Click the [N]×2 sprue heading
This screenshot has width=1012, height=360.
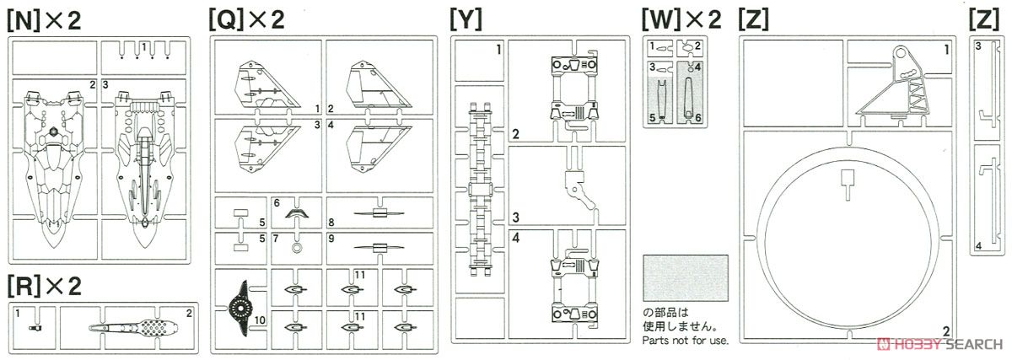click(44, 21)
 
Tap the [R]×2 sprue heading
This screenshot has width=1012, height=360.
click(44, 287)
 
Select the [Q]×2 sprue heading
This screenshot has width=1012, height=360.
click(246, 21)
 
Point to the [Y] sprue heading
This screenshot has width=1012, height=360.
click(466, 21)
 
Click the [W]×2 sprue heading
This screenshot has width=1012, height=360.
click(681, 21)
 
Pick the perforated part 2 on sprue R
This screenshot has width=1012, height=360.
click(134, 328)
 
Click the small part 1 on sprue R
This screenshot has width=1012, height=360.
click(35, 327)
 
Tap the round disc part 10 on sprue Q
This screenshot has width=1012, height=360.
click(239, 309)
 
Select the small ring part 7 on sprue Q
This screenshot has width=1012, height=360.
click(297, 248)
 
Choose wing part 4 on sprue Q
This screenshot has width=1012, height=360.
click(379, 149)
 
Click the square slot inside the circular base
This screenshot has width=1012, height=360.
click(848, 178)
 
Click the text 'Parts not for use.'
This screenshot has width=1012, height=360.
click(686, 340)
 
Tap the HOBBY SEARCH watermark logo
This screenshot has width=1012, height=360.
click(939, 344)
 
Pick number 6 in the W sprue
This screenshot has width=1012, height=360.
click(698, 118)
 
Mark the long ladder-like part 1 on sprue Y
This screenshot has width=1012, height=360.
click(480, 189)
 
